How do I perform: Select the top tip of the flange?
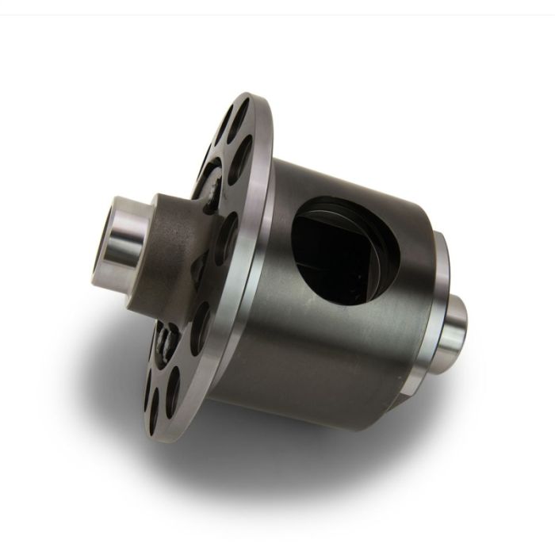[x=252, y=94]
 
